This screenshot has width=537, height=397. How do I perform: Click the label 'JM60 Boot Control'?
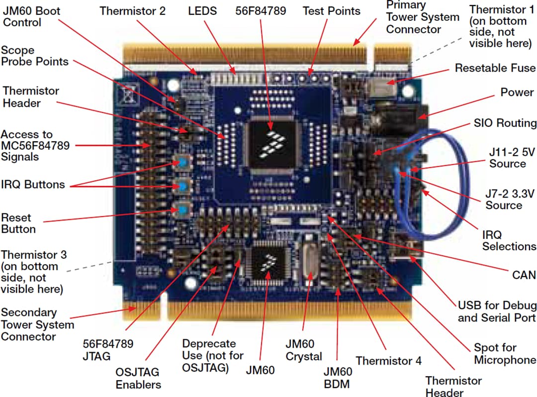click(x=29, y=16)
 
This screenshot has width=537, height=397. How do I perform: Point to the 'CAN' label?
click(x=524, y=275)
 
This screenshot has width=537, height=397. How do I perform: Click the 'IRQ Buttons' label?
click(x=33, y=185)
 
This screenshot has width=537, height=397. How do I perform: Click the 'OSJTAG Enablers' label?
click(x=139, y=378)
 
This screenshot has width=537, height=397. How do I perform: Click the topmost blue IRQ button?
click(x=183, y=163)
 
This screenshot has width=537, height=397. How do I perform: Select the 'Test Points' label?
click(x=331, y=10)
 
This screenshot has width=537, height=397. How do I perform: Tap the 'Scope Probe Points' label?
click(x=34, y=56)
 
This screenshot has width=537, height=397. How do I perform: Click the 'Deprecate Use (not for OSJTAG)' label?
click(x=213, y=356)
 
